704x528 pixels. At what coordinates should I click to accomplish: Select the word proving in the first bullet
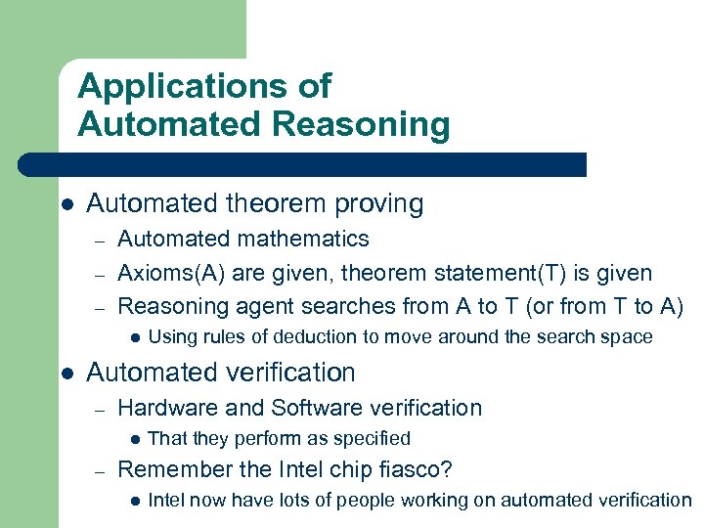[377, 204]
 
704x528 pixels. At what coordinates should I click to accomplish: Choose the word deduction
[334, 337]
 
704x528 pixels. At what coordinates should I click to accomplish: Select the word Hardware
[159, 408]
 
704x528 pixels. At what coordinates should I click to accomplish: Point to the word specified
[368, 439]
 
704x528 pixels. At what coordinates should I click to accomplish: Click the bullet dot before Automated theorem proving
[66, 205]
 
